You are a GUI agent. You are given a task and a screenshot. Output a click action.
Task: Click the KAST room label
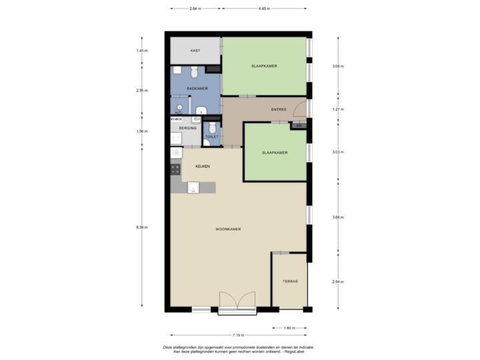pyautogui.click(x=195, y=51)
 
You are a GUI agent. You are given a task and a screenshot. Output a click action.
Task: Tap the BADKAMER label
pyautogui.click(x=197, y=88)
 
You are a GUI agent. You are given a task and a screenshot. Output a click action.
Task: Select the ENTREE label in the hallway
pyautogui.click(x=279, y=109)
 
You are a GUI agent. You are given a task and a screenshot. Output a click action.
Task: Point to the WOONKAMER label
pyautogui.click(x=228, y=229)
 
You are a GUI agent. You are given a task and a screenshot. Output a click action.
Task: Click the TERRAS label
pyautogui.click(x=290, y=281)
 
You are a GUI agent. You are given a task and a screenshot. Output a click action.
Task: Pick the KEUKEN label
pyautogui.click(x=203, y=166)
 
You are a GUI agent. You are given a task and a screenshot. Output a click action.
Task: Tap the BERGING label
pyautogui.click(x=187, y=128)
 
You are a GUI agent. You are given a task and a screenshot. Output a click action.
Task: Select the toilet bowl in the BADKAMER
pyautogui.click(x=194, y=71)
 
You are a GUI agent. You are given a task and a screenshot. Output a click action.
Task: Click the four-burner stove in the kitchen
pyautogui.click(x=176, y=169)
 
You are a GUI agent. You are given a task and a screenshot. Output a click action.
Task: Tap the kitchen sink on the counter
pyautogui.click(x=193, y=188)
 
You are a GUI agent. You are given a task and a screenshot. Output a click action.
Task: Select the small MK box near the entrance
pyautogui.click(x=299, y=125)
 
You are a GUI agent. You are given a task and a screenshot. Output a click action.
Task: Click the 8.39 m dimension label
pyautogui.click(x=141, y=227)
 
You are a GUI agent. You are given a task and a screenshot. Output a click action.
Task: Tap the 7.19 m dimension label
pyautogui.click(x=238, y=335)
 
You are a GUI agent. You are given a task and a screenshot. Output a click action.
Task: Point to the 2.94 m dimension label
pyautogui.click(x=338, y=281)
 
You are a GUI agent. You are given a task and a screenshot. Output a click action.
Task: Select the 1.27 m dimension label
pyautogui.click(x=338, y=108)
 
